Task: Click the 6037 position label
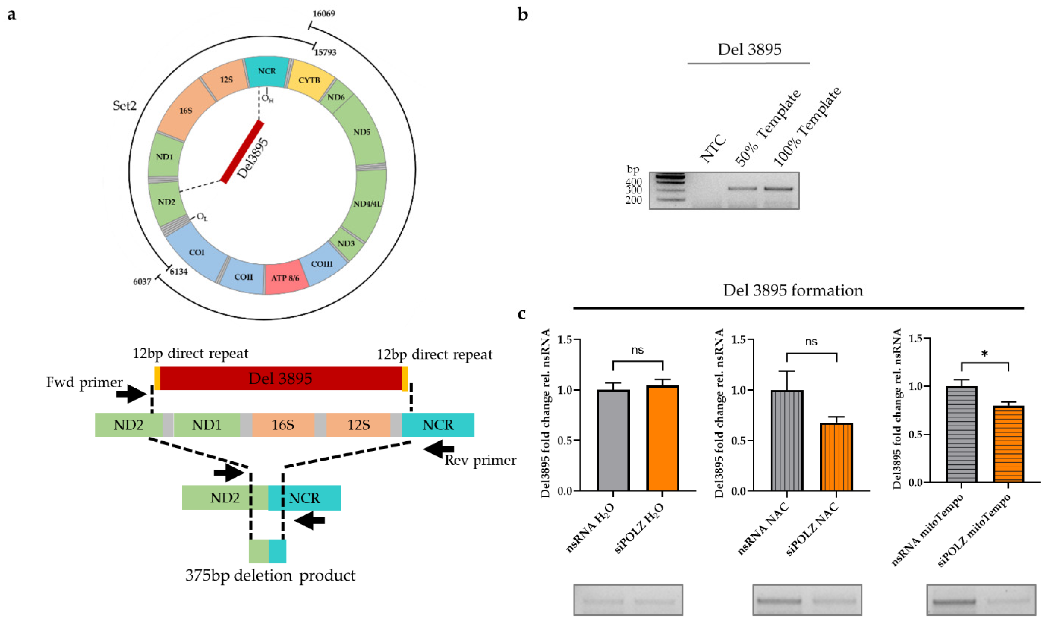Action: click(x=142, y=282)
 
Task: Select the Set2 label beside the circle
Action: click(x=124, y=105)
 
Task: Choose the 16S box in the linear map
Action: click(x=283, y=425)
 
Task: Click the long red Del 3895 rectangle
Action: click(x=280, y=378)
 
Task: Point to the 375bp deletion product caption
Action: click(x=270, y=575)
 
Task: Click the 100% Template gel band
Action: click(x=778, y=189)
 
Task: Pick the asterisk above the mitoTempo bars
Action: click(x=984, y=354)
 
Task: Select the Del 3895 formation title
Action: click(x=793, y=290)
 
